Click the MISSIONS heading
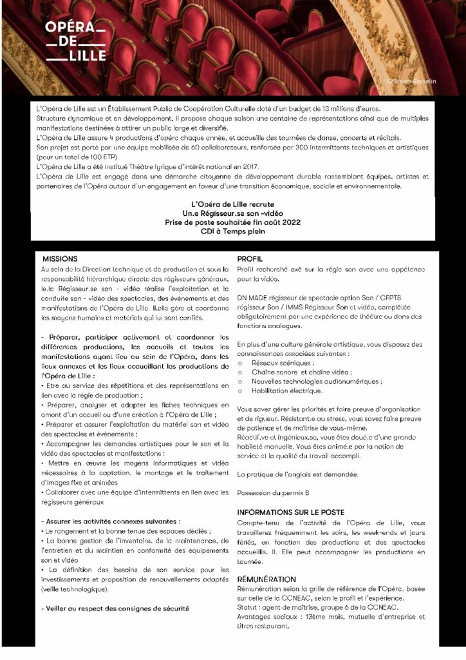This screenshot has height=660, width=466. [x=60, y=257]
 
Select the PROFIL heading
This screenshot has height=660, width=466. [x=250, y=257]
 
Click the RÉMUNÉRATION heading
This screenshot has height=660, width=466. [x=266, y=579]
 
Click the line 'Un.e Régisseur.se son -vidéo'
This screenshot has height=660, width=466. [x=232, y=212]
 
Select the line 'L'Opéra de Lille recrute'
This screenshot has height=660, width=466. [x=232, y=203]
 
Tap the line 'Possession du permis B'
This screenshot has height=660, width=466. [x=273, y=493]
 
